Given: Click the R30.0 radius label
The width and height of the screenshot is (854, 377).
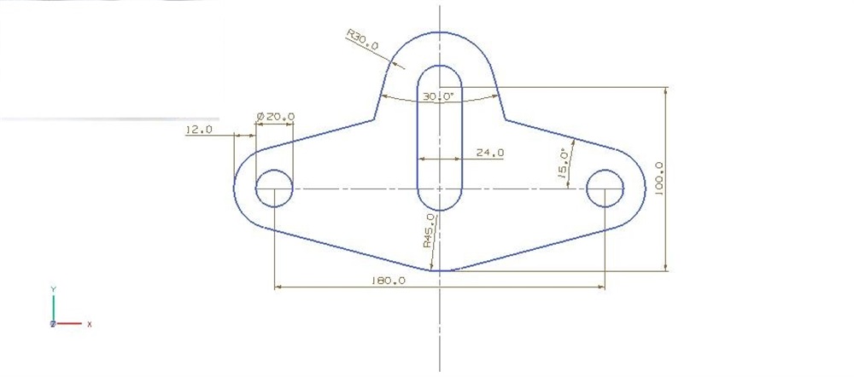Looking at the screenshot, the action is point(363,40).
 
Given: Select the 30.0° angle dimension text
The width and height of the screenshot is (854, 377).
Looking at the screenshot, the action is point(438,96).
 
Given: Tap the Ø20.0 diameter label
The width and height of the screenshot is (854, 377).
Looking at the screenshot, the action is point(275,116).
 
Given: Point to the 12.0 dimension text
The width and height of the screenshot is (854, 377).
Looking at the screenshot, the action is point(199,130).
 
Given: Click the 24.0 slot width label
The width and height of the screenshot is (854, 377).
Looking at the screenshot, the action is point(489,153).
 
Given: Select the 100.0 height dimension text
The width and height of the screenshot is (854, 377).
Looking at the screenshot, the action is point(658,178).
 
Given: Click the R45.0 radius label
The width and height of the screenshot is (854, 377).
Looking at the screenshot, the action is point(430,230).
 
